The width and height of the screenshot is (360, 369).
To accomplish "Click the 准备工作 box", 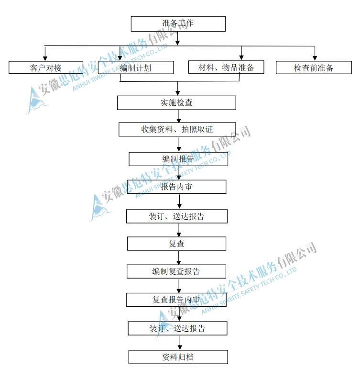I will [178, 23].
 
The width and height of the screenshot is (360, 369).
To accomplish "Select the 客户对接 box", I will [45, 67].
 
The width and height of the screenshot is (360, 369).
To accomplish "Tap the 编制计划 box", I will [135, 67].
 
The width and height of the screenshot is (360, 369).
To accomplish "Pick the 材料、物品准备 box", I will [226, 67].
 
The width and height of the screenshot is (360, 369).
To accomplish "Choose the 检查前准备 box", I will [313, 67].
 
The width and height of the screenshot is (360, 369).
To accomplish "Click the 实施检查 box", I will [176, 102].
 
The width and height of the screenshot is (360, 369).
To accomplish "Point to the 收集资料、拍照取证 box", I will [177, 129].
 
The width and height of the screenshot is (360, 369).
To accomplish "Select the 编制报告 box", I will [178, 159].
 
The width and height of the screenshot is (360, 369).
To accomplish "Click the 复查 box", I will [176, 244].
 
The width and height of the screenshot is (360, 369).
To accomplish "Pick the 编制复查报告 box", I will [176, 271].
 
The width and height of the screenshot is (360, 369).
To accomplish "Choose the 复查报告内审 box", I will [176, 300].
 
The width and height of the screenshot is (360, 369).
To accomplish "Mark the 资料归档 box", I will [177, 357].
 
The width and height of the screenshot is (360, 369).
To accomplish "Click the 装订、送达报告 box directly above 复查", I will [176, 216].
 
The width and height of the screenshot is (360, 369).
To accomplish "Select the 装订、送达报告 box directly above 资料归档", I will [177, 328].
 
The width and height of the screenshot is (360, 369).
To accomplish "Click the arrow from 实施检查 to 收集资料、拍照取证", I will [178, 116].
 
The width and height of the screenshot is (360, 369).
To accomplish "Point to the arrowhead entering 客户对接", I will [45, 58].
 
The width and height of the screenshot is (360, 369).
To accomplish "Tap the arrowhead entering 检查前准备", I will [315, 58].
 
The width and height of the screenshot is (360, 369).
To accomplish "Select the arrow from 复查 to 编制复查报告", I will [178, 258].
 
